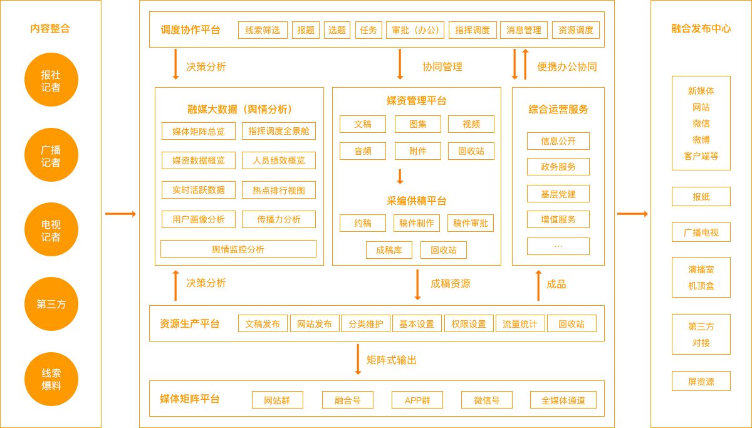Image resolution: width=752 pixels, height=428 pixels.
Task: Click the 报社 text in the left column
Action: pos(51,75)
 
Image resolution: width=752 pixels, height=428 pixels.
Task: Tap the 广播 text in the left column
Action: pos(51,150)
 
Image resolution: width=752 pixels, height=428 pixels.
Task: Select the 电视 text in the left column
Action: pos(51,224)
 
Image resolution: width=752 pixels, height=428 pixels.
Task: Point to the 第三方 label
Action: pos(51,305)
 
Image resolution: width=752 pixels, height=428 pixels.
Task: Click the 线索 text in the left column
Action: pos(51,373)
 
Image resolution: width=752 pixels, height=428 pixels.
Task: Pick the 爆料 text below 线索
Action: pos(51,386)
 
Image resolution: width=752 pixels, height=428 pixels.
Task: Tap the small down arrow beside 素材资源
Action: pos(400,177)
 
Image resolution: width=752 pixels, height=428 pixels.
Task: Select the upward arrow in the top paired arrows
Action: pos(525,64)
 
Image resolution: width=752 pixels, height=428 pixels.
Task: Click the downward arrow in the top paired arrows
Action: pos(514,64)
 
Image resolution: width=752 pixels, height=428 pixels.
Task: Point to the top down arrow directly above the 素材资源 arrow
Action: pos(400,64)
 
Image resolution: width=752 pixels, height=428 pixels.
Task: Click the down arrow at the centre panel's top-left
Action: pos(175,64)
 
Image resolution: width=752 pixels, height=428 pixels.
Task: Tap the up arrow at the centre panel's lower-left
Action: pos(175,285)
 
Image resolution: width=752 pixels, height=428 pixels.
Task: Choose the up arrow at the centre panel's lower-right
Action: pos(538,285)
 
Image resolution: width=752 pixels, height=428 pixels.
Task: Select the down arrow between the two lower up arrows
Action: pos(417,285)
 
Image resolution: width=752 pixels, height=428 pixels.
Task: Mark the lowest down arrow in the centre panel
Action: pos(358,359)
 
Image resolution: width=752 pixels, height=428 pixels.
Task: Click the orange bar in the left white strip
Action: pos(120,214)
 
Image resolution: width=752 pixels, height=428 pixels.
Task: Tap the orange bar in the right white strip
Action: pos(632,214)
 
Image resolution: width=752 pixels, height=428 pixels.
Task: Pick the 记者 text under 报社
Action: pos(51,88)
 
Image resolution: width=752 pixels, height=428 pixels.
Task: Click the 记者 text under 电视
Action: pos(51,237)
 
